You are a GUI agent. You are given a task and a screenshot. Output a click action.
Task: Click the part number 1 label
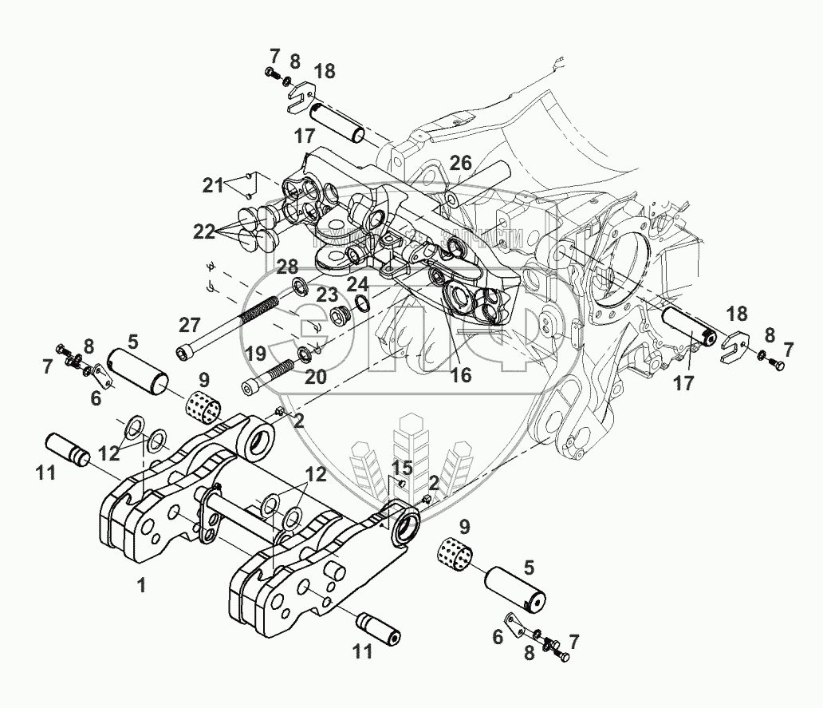(x=141, y=586)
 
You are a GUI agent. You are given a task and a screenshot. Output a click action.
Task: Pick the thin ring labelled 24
(x=361, y=303)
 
